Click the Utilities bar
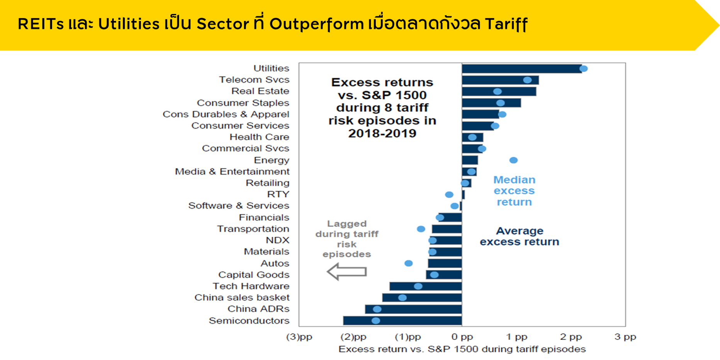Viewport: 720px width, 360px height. point(521,69)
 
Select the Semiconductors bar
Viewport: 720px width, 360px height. point(402,321)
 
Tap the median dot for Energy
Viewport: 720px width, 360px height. point(513,160)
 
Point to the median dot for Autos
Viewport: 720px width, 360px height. point(408,263)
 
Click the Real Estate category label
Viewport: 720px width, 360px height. point(260,91)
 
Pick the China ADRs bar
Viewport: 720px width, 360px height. point(413,309)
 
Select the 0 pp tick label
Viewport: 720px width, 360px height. point(462,337)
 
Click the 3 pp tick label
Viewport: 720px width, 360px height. point(625,337)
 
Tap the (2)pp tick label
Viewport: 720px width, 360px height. point(353,337)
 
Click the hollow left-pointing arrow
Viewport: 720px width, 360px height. point(346,272)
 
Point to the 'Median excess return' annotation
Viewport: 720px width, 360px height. point(514,191)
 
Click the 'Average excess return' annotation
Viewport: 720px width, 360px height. point(520,236)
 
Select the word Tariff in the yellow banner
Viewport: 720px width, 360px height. point(506,24)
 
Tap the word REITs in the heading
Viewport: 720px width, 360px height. point(41,24)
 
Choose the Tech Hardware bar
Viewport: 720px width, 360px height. point(426,286)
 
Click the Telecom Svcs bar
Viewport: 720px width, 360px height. point(500,80)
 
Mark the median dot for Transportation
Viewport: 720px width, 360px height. point(421,229)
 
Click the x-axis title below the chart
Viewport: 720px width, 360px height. point(462,349)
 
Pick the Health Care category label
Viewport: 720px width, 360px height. point(259,137)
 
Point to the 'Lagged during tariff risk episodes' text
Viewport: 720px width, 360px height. point(346,239)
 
